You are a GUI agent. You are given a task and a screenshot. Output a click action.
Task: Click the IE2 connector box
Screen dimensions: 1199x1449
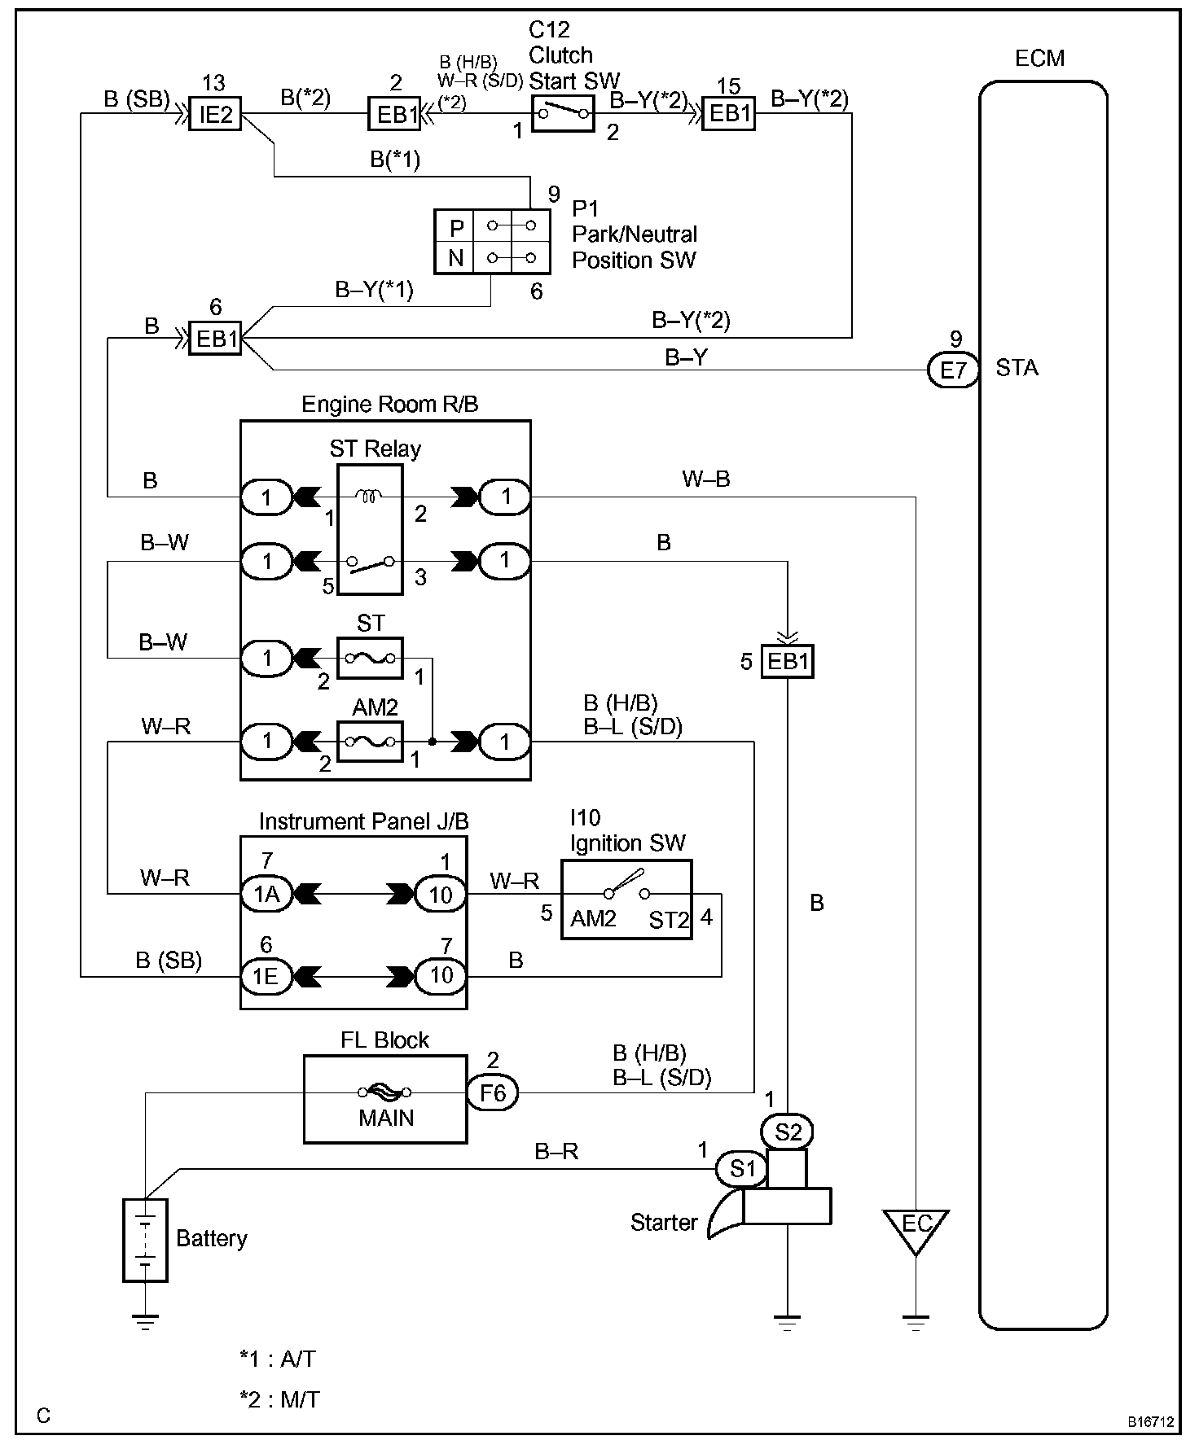pos(215,115)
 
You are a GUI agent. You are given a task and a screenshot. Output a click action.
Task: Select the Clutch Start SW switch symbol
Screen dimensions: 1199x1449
pos(562,113)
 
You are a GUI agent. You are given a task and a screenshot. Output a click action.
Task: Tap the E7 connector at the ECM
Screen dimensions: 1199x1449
pos(953,370)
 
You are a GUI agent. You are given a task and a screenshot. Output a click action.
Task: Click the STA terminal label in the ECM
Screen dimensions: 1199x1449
pos(1017,368)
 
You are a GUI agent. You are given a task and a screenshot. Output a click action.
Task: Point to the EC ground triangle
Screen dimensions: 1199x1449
pos(916,1229)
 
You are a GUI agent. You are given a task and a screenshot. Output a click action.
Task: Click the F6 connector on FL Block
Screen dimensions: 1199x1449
pos(492,1092)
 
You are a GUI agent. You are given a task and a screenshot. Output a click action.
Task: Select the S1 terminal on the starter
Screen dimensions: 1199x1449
pos(741,1169)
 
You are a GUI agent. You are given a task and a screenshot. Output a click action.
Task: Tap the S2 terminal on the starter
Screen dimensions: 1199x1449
pos(788,1131)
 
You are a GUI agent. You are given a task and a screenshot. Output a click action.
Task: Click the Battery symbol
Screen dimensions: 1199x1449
pos(145,1241)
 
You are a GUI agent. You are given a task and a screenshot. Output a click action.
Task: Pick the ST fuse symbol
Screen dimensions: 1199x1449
pos(370,658)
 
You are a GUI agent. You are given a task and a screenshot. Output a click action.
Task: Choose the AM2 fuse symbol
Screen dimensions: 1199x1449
pos(370,741)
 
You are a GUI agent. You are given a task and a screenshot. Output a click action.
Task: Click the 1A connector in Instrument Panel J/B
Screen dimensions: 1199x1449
pos(266,895)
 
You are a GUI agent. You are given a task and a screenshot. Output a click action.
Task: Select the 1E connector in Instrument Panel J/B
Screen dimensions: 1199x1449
pos(266,975)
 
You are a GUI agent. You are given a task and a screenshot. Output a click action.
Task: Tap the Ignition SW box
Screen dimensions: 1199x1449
pos(626,900)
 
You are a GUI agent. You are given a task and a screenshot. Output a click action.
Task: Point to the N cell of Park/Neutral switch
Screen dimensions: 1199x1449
pos(456,258)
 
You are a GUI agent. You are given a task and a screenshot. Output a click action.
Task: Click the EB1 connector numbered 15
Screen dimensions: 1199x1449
pos(729,114)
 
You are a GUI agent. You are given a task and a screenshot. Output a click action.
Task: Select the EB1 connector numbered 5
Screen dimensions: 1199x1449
pos(788,661)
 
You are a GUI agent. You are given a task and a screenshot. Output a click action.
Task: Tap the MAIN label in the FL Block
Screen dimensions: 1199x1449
pos(386,1118)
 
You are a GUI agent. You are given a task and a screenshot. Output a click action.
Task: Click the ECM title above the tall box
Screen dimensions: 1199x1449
pos(1040,59)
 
